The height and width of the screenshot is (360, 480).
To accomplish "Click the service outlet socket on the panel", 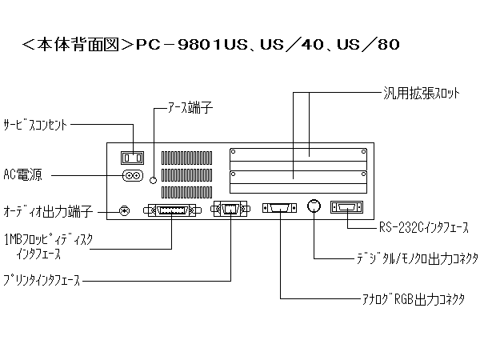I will click(130, 157).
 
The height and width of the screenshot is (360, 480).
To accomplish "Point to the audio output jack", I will click(124, 210).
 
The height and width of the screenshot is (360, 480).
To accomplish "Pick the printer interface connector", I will click(230, 210).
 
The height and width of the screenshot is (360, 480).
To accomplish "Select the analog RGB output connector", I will click(280, 209).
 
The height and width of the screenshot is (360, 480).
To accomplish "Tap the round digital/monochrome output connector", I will click(315, 206).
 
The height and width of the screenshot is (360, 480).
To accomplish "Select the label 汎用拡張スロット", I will click(421, 93).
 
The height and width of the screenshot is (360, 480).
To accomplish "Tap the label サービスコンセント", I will click(37, 125).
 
